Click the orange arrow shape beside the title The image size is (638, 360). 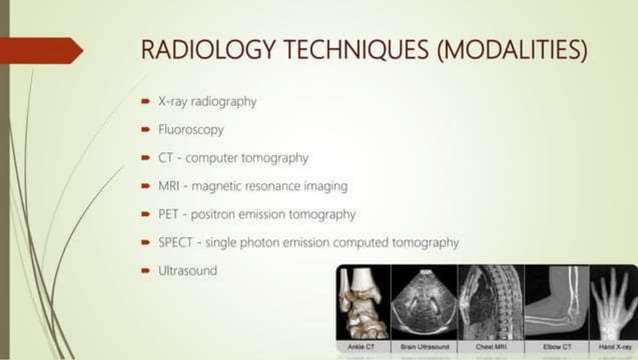pyautogui.click(x=40, y=49)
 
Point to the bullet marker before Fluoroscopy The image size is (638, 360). pyautogui.click(x=146, y=130)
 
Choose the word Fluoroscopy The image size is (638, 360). pyautogui.click(x=191, y=130)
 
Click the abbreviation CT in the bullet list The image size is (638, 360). pyautogui.click(x=167, y=158)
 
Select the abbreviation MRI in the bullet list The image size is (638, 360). pyautogui.click(x=171, y=186)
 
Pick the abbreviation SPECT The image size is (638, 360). pyautogui.click(x=177, y=242)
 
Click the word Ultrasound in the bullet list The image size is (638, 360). pyautogui.click(x=187, y=270)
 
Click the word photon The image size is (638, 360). pyautogui.click(x=268, y=242)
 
